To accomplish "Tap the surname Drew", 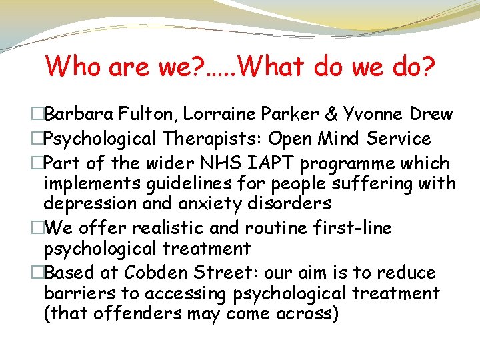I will (430, 114).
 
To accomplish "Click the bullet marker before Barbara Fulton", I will (39, 114).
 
